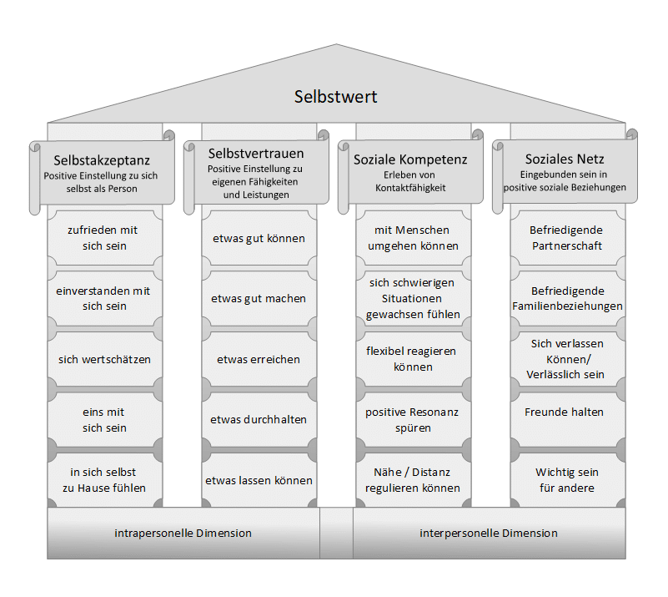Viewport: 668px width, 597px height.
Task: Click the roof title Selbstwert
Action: pos(335,97)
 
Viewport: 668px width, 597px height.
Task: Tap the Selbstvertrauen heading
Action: pos(256,154)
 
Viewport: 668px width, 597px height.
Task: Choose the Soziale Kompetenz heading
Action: pos(410,159)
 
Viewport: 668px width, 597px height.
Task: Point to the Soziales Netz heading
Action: pos(565,159)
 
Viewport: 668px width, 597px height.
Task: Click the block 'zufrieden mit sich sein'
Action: pos(104,238)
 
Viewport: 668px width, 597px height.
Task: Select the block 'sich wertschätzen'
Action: pos(104,359)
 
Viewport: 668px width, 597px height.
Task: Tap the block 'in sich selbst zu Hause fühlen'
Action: pos(104,480)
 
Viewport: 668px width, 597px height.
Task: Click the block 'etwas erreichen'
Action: pos(259,359)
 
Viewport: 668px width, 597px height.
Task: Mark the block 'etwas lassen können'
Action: pos(259,480)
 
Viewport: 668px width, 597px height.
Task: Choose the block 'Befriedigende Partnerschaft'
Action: pos(566,238)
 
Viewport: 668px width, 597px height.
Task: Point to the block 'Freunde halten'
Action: pos(565,412)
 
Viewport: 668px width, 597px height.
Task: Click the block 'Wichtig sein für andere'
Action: pos(566,480)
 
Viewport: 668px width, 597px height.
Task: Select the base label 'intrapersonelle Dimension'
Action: pos(183,533)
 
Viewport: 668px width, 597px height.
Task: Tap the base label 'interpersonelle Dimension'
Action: pos(489,533)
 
